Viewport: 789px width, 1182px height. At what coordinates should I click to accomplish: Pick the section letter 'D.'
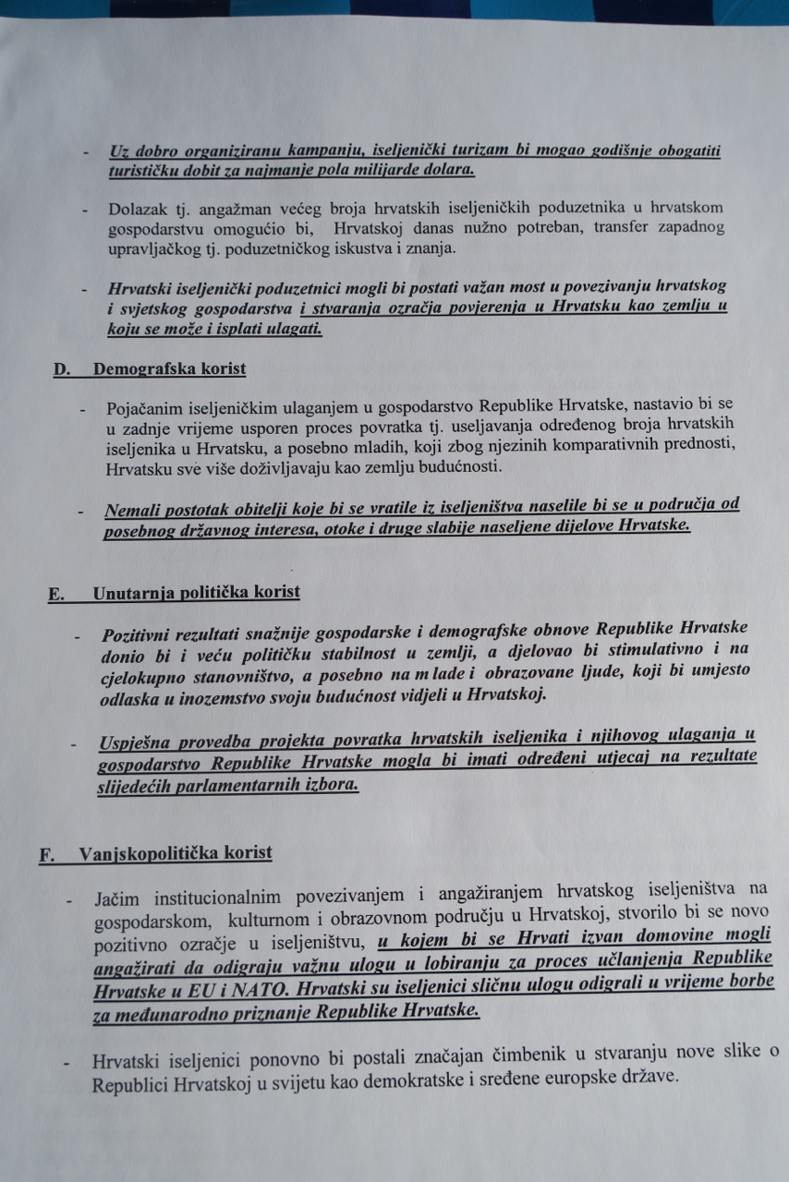pyautogui.click(x=62, y=369)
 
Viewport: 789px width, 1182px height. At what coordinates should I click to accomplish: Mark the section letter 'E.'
pyautogui.click(x=55, y=594)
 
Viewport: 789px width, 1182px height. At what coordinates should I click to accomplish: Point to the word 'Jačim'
pyautogui.click(x=115, y=898)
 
